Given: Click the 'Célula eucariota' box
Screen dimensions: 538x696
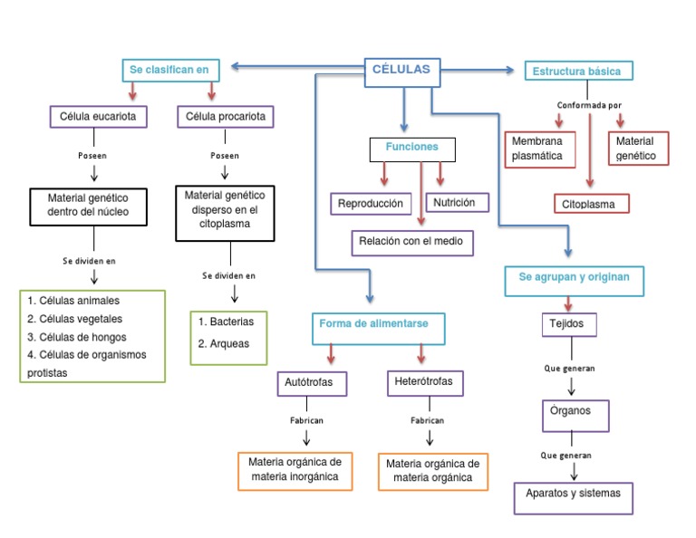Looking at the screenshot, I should tap(98, 117).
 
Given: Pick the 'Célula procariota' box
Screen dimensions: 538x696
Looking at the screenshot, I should tap(224, 117).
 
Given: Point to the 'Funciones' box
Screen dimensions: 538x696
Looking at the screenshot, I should tap(412, 148).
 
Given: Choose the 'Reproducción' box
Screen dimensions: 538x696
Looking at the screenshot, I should tap(371, 204).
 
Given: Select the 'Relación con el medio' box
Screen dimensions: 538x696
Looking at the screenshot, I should tap(411, 242).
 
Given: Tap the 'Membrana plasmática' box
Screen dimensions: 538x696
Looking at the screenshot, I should tap(540, 149).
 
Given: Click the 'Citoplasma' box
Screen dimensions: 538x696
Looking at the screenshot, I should tap(589, 204).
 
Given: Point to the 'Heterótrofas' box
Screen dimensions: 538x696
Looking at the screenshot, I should tap(424, 382).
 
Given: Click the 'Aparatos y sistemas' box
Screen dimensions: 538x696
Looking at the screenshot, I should tap(573, 495).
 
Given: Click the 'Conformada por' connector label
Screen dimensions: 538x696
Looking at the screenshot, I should tap(589, 105).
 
